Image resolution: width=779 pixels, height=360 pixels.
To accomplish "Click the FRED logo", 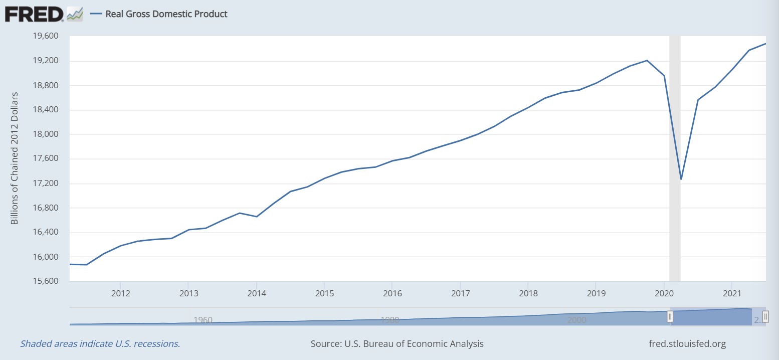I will (34, 14).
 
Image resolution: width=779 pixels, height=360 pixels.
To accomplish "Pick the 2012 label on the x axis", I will (120, 293).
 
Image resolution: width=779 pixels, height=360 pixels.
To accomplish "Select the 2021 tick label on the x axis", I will (732, 293).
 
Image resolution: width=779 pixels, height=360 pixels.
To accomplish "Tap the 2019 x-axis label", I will (596, 293).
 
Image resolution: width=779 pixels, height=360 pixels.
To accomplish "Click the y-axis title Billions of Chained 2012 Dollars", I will (15, 158).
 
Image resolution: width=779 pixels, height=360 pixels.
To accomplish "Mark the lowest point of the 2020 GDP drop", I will (681, 179).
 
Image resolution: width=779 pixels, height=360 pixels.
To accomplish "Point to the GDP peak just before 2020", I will (647, 60).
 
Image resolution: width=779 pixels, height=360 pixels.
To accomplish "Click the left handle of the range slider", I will (670, 316).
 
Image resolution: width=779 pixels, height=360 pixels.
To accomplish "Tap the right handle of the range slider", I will (765, 316).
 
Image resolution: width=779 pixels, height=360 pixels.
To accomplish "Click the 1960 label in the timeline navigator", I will (203, 320).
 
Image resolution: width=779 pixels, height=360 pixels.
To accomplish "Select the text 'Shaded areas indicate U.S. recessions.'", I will (100, 344).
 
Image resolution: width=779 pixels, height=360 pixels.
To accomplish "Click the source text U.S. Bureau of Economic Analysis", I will (397, 344).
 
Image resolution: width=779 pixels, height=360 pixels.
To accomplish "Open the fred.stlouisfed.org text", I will (687, 344).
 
